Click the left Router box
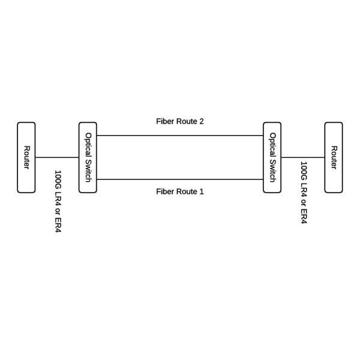(x=26, y=157)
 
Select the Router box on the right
(x=334, y=157)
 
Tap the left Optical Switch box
(x=88, y=157)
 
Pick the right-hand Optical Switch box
(x=272, y=157)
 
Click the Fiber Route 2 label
(x=180, y=121)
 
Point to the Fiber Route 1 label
(x=180, y=192)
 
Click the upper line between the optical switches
(x=180, y=136)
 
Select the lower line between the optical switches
(x=180, y=179)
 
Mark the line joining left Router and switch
(x=57, y=158)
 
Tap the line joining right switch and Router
(x=303, y=158)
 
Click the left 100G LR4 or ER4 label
(x=58, y=201)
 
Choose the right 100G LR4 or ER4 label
(x=304, y=192)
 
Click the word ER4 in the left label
(x=58, y=224)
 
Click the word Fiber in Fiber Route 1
(x=165, y=192)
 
